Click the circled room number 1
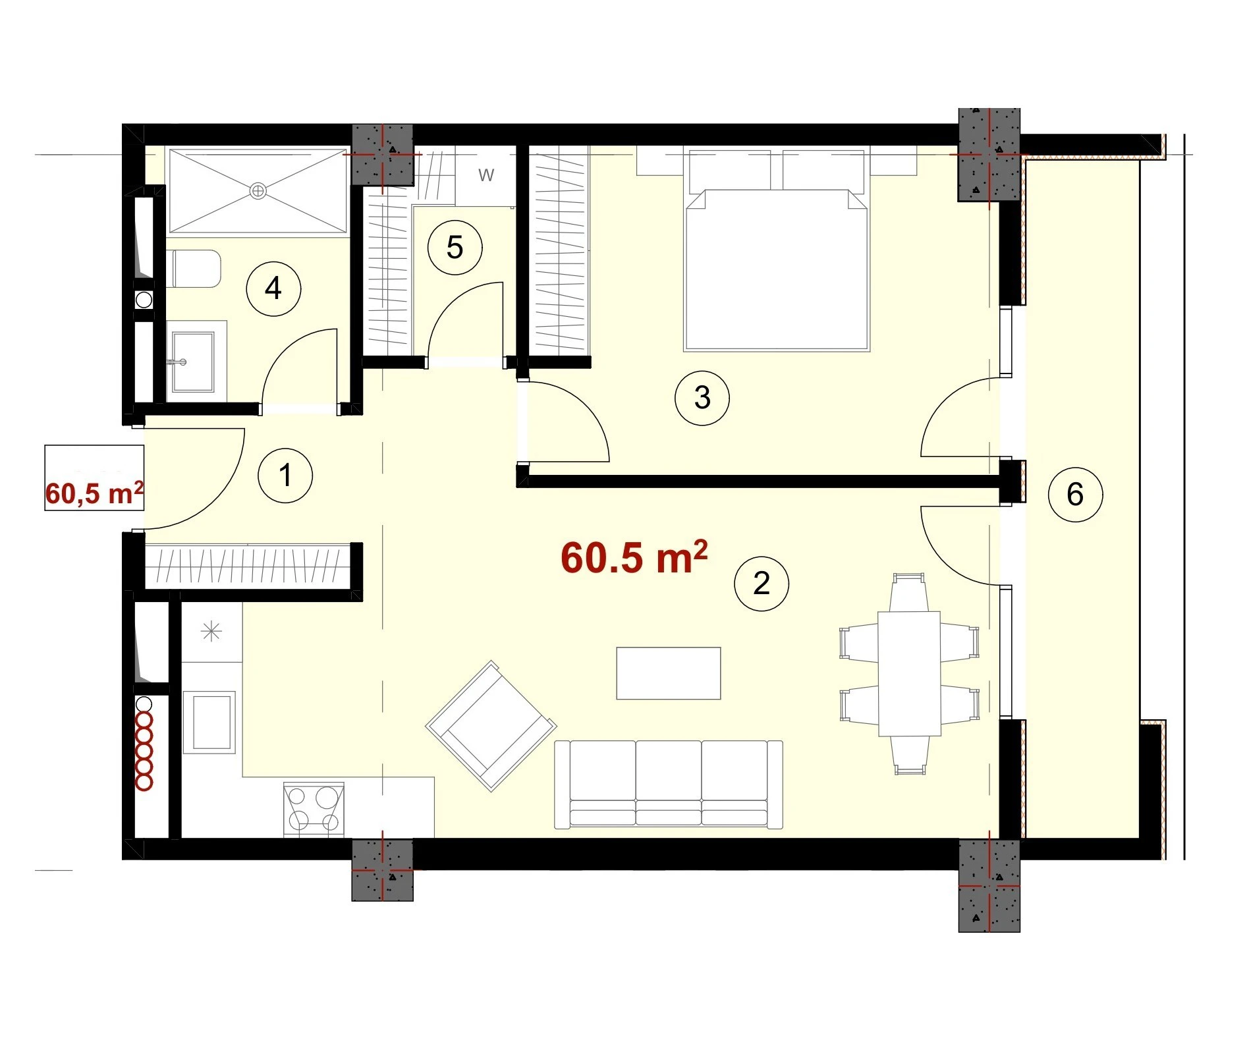coord(285,475)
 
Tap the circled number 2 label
coord(762,584)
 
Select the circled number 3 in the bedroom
coord(702,398)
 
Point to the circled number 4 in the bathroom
coord(273,289)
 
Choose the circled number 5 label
coord(455,248)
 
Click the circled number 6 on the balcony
coord(1075,495)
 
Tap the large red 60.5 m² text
coord(634,557)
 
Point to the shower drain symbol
coord(258,191)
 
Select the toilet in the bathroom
coord(194,269)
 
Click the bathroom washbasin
coord(193,362)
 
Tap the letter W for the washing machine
coord(486,175)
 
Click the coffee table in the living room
coord(669,673)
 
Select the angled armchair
coord(491,726)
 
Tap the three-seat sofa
coord(669,784)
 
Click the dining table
coord(909,673)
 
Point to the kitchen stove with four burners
coord(314,810)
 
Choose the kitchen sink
coord(209,723)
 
